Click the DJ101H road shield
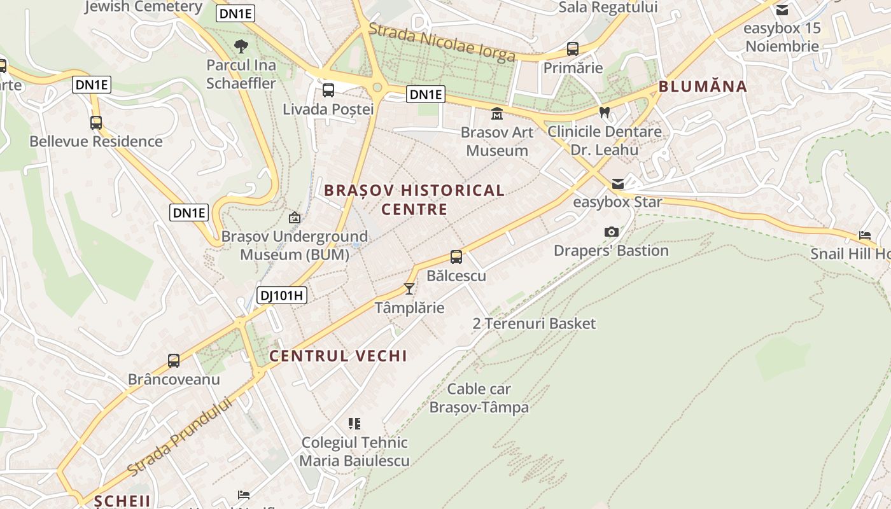pyautogui.click(x=282, y=295)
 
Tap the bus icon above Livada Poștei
pyautogui.click(x=328, y=90)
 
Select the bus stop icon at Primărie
pyautogui.click(x=573, y=49)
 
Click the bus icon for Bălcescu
pyautogui.click(x=456, y=257)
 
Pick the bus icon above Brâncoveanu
pyautogui.click(x=174, y=361)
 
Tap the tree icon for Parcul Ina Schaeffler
pyautogui.click(x=241, y=46)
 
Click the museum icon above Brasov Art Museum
pyautogui.click(x=496, y=114)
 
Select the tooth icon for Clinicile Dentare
pyautogui.click(x=605, y=113)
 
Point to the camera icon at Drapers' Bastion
pyautogui.click(x=611, y=232)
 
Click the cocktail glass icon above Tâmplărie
pyautogui.click(x=409, y=289)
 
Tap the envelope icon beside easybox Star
pyautogui.click(x=618, y=184)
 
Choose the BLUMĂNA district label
pyautogui.click(x=703, y=87)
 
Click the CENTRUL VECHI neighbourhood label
pyautogui.click(x=338, y=356)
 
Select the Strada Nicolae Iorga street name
pyautogui.click(x=442, y=43)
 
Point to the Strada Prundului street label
pyautogui.click(x=179, y=436)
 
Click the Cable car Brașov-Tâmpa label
pyautogui.click(x=479, y=398)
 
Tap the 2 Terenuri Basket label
pyautogui.click(x=534, y=323)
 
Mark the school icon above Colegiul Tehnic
pyautogui.click(x=354, y=424)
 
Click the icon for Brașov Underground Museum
pyautogui.click(x=295, y=218)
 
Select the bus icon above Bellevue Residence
pyautogui.click(x=96, y=123)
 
